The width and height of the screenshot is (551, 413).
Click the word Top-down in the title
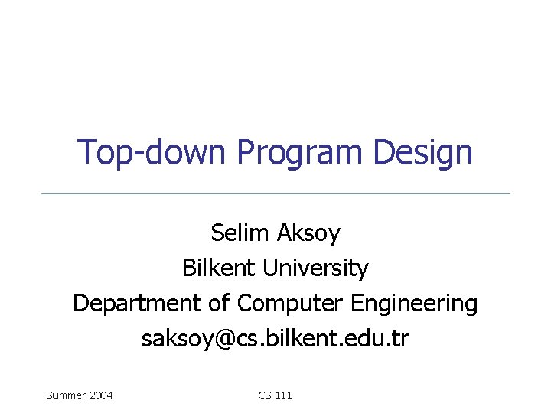[x=154, y=152]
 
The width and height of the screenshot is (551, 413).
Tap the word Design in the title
[x=423, y=153]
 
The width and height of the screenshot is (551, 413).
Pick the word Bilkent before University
[x=220, y=268]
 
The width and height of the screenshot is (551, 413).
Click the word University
[x=316, y=268]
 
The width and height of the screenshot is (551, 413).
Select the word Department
[x=138, y=304]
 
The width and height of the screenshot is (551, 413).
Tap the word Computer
[x=291, y=304]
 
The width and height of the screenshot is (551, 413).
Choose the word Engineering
[x=414, y=304]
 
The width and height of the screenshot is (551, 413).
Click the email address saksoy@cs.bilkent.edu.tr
[x=275, y=339]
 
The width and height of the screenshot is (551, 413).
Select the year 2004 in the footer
[x=101, y=395]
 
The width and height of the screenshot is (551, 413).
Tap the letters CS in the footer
[x=265, y=395]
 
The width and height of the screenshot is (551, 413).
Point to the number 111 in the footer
[x=283, y=395]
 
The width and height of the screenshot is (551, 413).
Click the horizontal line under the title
[x=275, y=193]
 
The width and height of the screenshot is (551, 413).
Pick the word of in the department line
[x=219, y=304]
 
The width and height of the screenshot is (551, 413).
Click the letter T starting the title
[x=86, y=152]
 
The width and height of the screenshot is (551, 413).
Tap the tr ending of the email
[x=401, y=339]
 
